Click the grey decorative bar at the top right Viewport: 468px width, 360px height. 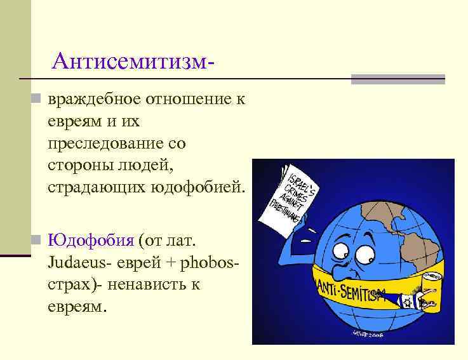398,79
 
